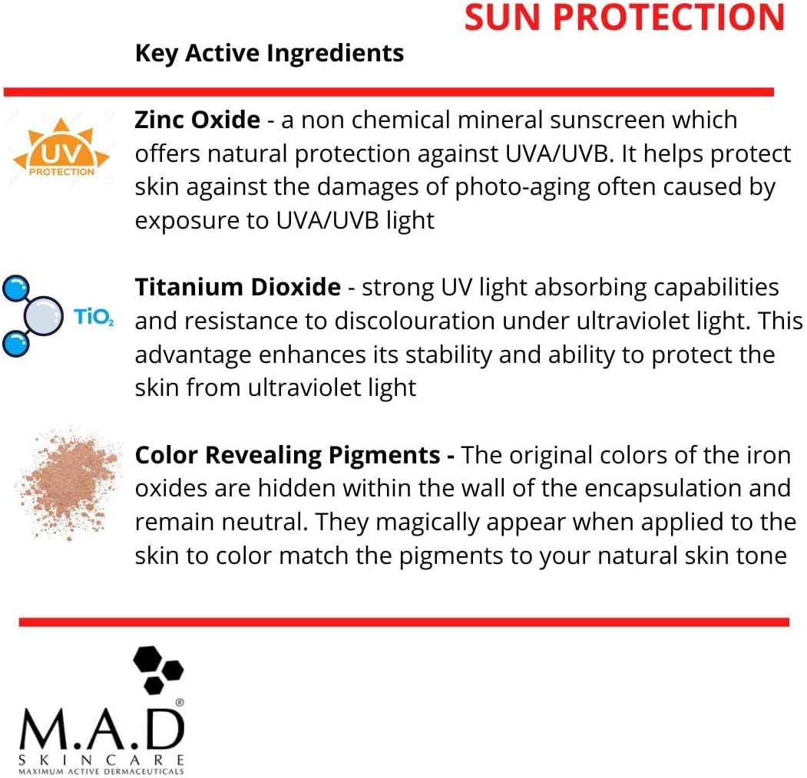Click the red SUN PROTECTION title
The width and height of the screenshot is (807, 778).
[624, 18]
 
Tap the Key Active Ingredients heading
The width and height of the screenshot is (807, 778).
[270, 54]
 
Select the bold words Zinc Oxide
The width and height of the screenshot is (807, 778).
[197, 120]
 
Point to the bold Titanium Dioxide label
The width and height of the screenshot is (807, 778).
[238, 287]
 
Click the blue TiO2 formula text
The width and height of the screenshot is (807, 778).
[94, 316]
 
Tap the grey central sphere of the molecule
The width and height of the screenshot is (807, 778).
[43, 315]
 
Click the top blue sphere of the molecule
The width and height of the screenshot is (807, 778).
[16, 288]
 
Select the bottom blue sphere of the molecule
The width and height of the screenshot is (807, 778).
[16, 344]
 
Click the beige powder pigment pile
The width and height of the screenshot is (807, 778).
[69, 483]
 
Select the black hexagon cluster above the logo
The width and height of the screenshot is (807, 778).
[158, 670]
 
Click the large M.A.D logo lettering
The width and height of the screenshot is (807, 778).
[102, 729]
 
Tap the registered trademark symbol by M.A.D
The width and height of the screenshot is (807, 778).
[180, 702]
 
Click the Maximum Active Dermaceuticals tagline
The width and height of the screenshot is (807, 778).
[101, 771]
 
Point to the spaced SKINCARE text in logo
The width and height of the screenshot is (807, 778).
[101, 760]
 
